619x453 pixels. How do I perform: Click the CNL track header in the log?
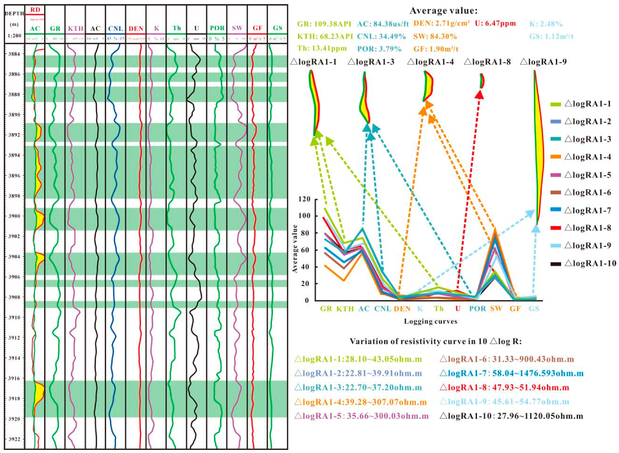pos(115,28)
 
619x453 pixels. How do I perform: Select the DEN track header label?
pos(136,28)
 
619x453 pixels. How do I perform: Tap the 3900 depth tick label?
pos(14,216)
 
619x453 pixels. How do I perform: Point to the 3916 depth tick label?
pos(14,378)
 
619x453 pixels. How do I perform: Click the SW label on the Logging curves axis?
pos(496,308)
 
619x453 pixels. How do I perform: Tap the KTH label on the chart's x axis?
pos(345,309)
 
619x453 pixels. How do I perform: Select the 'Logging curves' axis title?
pos(430,321)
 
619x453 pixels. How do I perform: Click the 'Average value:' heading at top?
pos(444,11)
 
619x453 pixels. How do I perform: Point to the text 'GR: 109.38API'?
pos(324,24)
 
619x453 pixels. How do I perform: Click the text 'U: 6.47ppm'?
pos(495,24)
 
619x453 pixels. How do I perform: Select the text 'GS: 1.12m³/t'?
pos(551,36)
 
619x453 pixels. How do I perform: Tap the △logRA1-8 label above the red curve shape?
pos(487,62)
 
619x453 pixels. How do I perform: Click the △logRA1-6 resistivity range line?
pos(507,359)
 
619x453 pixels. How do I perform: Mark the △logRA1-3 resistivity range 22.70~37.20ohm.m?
pos(358,388)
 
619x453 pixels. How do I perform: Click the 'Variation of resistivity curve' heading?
pos(436,342)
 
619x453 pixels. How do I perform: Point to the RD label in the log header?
pos(35,10)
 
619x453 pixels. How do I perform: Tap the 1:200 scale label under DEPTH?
pos(14,36)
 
